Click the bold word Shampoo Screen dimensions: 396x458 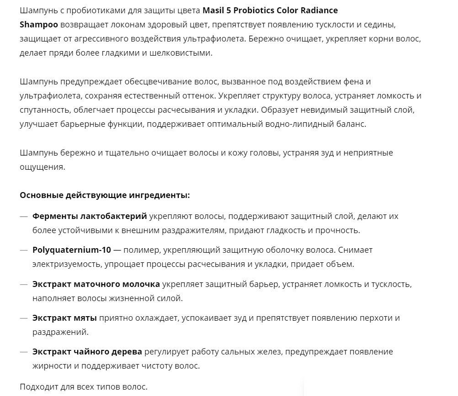pyautogui.click(x=39, y=24)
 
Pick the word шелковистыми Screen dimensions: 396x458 pyautogui.click(x=184, y=53)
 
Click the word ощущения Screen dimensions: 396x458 pyautogui.click(x=42, y=167)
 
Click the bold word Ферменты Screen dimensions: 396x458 pyautogui.click(x=54, y=216)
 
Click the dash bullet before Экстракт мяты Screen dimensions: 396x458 pyautogui.click(x=24, y=318)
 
